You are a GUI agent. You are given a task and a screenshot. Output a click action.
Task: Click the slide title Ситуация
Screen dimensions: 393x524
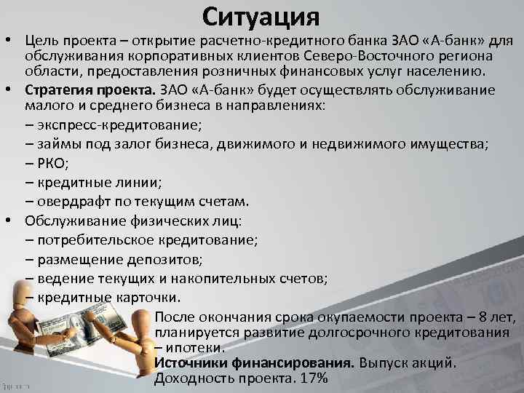262,17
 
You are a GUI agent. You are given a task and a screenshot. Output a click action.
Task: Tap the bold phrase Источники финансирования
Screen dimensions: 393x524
254,362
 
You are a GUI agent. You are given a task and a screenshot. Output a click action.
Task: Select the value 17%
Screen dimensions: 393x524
314,378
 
